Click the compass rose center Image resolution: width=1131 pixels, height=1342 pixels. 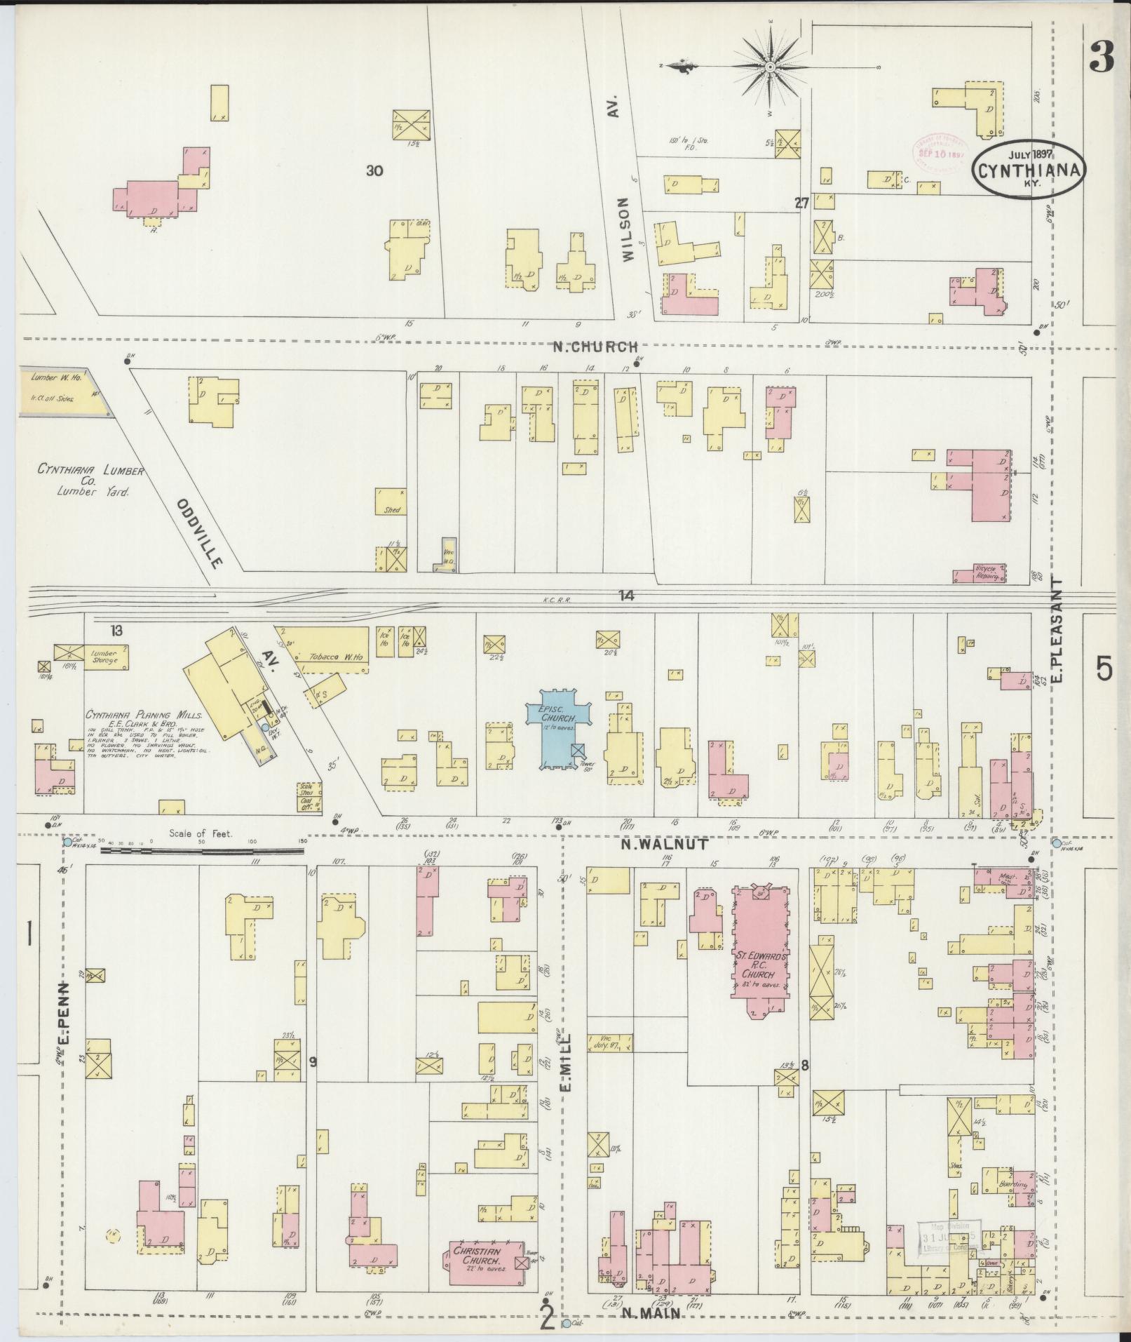[769, 67]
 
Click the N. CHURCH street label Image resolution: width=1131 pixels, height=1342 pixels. [595, 347]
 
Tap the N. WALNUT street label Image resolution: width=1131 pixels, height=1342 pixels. [663, 845]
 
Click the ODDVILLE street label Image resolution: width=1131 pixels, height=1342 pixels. [199, 533]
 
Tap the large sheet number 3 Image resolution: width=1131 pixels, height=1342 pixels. [1101, 60]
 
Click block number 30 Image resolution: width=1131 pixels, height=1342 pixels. [374, 170]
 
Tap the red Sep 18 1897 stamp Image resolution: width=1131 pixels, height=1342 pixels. [939, 149]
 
